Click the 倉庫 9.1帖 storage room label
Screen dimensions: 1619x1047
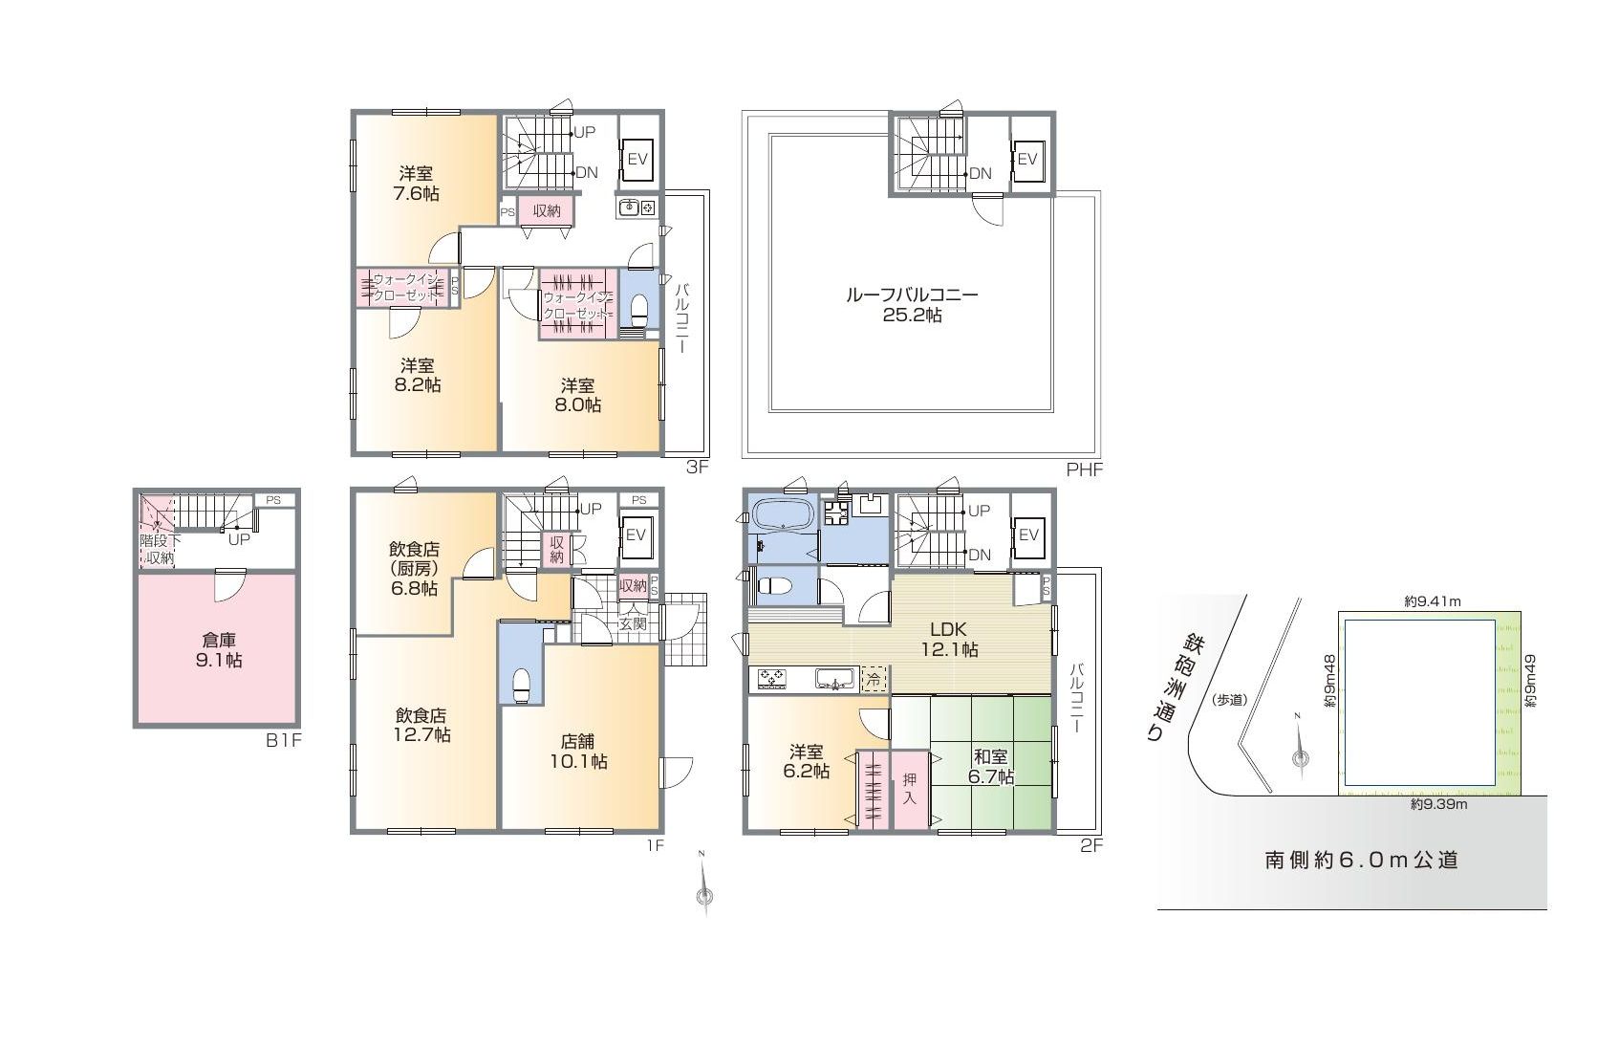218,650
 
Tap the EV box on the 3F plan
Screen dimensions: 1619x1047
637,160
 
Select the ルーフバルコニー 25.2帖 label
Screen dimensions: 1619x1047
912,304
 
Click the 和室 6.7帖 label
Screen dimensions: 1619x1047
991,767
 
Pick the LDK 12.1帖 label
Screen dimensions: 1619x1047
949,639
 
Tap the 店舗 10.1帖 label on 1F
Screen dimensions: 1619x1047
578,752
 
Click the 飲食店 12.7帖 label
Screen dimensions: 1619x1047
422,725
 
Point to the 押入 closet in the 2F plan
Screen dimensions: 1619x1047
909,789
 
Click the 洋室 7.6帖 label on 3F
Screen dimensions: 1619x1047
417,184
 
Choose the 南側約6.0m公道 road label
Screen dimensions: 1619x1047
1362,860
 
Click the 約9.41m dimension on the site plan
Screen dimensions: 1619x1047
1433,600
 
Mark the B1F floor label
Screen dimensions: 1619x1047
283,740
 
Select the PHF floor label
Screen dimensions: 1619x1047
1085,469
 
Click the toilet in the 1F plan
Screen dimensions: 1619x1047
520,685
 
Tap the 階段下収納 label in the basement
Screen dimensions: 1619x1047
160,550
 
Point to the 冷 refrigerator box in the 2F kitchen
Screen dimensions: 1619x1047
874,680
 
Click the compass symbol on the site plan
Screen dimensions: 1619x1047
1300,753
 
